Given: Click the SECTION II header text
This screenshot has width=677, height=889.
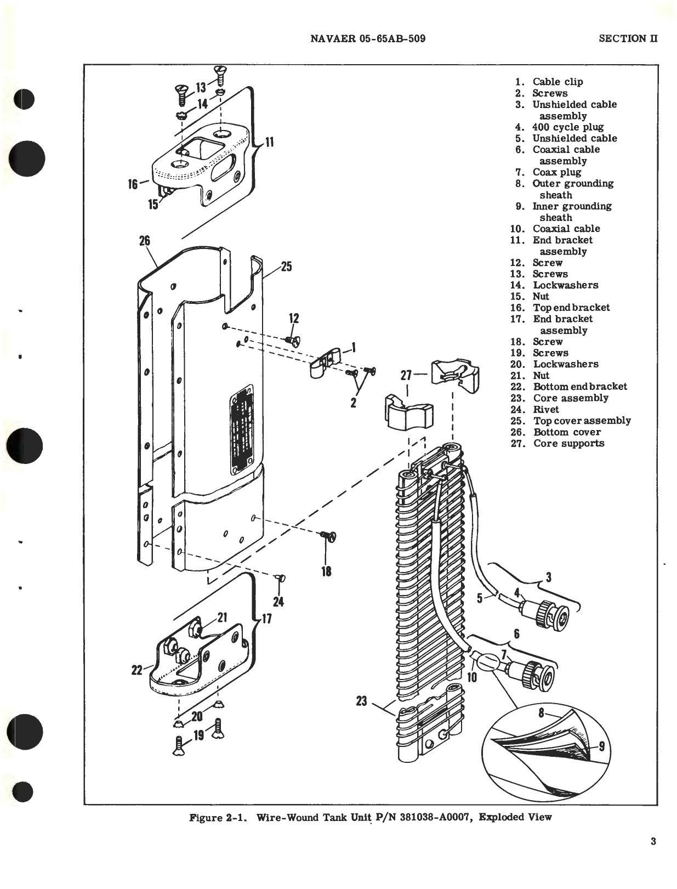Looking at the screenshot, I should pos(628,38).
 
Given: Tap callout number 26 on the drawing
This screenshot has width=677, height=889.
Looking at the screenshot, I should pos(144,241).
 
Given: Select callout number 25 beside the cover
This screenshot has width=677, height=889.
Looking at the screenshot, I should pos(286,267).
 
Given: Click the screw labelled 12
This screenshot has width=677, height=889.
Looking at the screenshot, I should pos(292,341).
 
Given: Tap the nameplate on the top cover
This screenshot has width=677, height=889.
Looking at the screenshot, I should pos(241,427).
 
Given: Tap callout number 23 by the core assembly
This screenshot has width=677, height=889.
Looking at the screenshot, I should pos(361,700).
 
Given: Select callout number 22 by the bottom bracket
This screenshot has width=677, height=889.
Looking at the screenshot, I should pos(136,670).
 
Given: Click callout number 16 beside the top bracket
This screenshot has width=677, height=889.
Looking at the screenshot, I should pos(133,184).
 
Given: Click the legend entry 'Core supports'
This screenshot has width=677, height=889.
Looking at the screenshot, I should pos(568,444).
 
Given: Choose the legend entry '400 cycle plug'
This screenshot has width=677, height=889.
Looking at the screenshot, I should pos(567,127).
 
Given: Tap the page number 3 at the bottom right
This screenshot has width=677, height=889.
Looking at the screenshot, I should pos(653,841).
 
